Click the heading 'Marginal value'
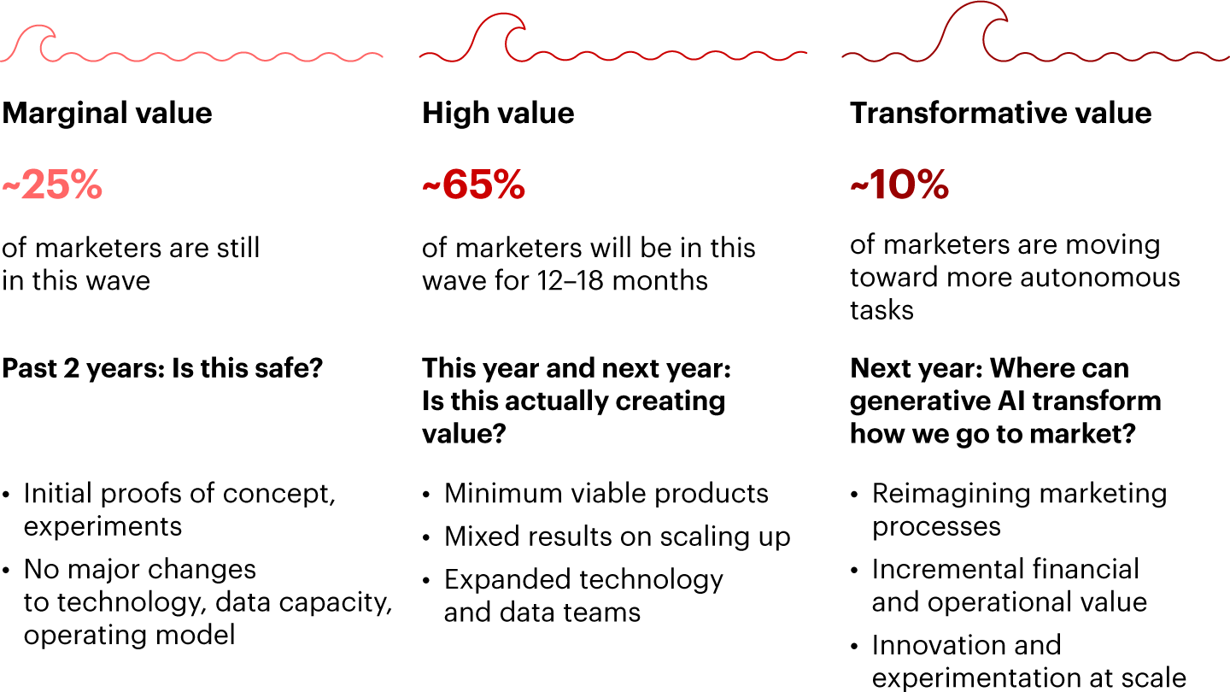pos(107,114)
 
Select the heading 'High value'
pos(498,113)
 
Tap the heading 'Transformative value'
pos(1000,113)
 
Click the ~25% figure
pos(52,184)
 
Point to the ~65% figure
pos(473,184)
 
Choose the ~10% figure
pos(899,184)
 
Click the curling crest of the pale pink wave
pos(36,41)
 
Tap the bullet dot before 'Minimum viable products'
pos(427,495)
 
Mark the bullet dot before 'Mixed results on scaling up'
pos(427,537)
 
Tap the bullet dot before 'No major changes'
pos(6,571)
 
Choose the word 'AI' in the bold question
pos(1012,401)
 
